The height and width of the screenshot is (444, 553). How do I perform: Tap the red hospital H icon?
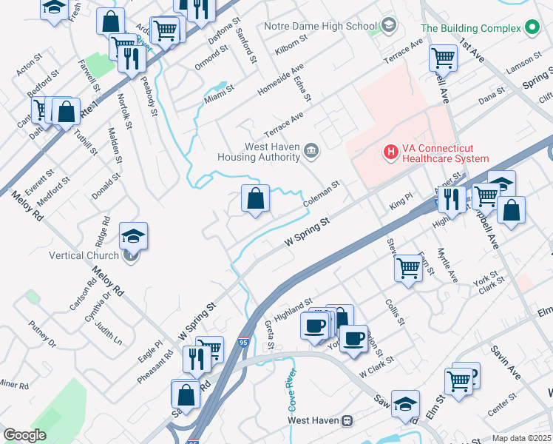(390, 152)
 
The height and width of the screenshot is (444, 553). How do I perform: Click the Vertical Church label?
(84, 256)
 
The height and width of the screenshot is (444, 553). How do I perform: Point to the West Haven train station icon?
(345, 420)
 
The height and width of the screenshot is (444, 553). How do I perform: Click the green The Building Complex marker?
(530, 28)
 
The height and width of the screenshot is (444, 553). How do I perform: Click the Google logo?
(25, 435)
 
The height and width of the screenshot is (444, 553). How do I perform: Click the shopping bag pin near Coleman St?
(255, 199)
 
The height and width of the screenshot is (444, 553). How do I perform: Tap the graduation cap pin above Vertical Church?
(133, 237)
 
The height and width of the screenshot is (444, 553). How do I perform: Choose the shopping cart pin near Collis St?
(408, 268)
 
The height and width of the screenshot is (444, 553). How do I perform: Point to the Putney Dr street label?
(42, 334)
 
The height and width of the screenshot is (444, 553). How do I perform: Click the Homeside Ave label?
(276, 87)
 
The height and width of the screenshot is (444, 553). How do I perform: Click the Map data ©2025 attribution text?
(521, 438)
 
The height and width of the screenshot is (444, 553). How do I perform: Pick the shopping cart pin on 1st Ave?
(443, 56)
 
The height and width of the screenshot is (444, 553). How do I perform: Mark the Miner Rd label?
(13, 385)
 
